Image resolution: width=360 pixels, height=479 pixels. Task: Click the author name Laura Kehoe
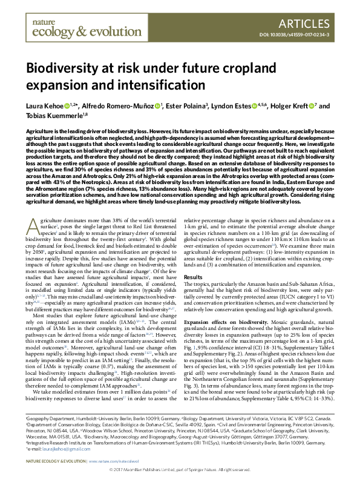click(x=43, y=107)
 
